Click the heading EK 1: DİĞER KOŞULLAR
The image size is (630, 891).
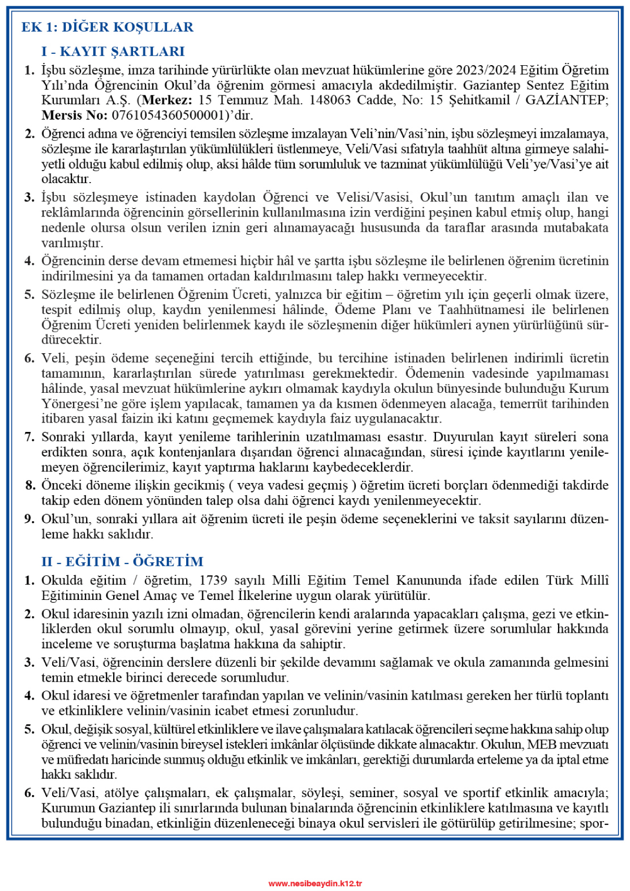(x=107, y=27)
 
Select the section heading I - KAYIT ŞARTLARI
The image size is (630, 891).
(x=113, y=52)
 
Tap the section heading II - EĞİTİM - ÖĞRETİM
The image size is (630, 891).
(x=123, y=561)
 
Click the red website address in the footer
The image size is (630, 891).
(x=315, y=883)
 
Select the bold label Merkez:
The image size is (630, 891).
(x=167, y=100)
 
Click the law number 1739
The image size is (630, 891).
(x=213, y=580)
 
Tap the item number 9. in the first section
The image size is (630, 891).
(x=30, y=519)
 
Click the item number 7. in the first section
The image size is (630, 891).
(x=30, y=437)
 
